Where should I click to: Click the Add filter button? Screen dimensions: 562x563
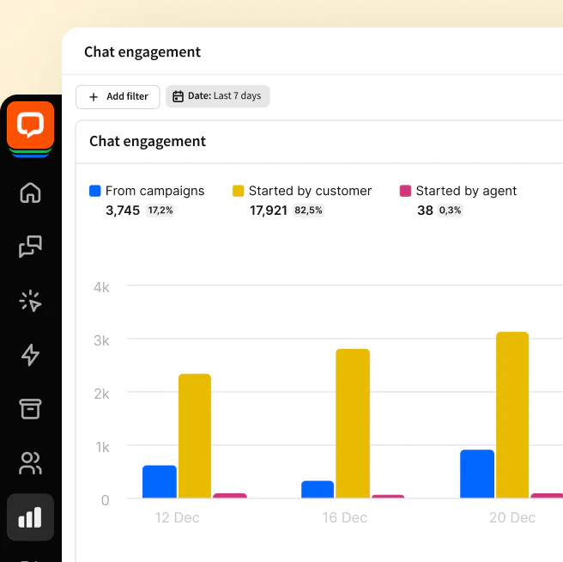[x=118, y=96]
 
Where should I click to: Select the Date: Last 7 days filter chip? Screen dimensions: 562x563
[x=217, y=96]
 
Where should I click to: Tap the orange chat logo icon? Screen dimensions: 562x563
[x=30, y=125]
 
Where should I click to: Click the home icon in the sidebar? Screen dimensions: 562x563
[x=30, y=192]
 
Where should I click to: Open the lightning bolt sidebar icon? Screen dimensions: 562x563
[x=30, y=355]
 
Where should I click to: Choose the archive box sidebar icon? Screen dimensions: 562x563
[x=30, y=409]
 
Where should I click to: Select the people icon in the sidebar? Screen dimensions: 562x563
[x=30, y=463]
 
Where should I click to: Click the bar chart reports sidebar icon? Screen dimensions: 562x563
[x=30, y=516]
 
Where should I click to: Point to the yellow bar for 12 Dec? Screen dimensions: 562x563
[x=195, y=436]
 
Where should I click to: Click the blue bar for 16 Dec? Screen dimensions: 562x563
[x=318, y=489]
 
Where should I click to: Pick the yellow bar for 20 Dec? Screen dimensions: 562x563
[x=512, y=415]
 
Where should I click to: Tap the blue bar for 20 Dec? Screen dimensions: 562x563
[x=477, y=473]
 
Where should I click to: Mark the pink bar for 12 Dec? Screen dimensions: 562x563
[x=230, y=496]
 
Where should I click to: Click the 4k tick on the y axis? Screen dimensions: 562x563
[x=101, y=287]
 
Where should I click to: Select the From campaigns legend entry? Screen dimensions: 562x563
[x=147, y=191]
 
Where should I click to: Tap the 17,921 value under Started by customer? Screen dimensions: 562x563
[x=269, y=211]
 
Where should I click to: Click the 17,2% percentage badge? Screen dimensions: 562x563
[x=160, y=211]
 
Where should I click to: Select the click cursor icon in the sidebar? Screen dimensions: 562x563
[x=30, y=301]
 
